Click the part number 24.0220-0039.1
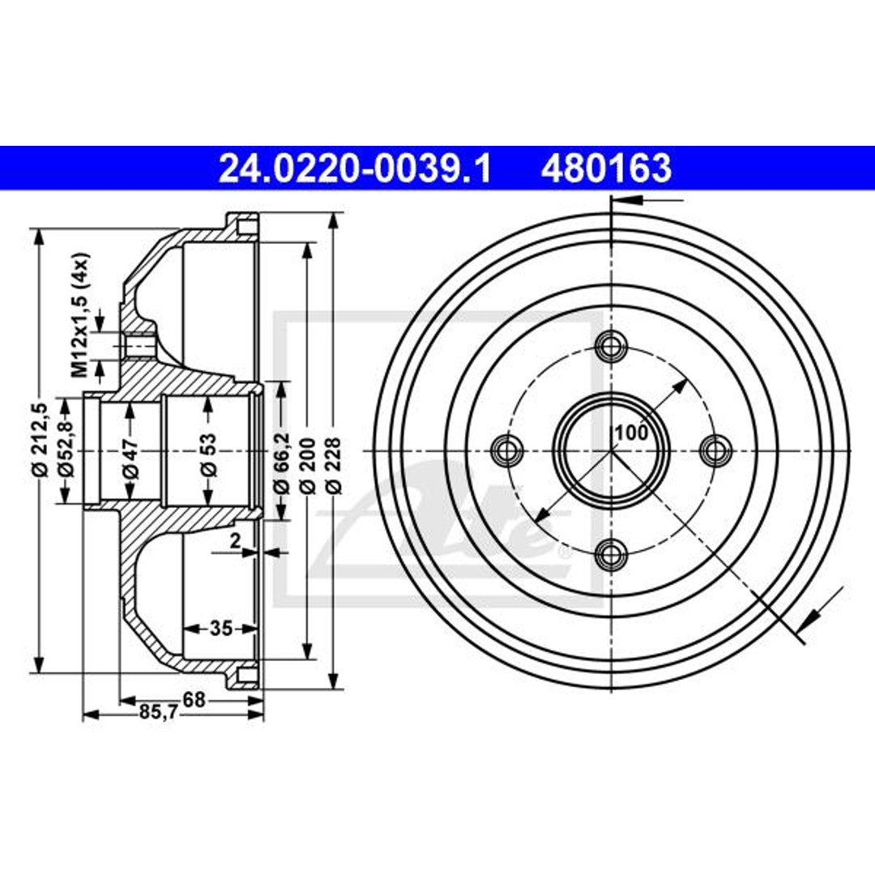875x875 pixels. [x=355, y=169]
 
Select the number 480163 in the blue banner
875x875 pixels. [x=606, y=169]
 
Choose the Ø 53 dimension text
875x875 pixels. [x=209, y=455]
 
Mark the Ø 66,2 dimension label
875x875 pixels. [x=281, y=463]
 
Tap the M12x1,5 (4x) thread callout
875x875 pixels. [x=80, y=315]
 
